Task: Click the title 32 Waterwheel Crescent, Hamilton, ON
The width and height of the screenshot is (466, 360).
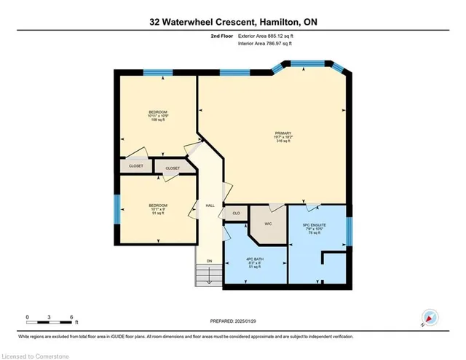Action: pyautogui.click(x=233, y=22)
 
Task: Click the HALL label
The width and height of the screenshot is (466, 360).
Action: pyautogui.click(x=209, y=206)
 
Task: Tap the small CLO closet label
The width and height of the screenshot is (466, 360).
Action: pyautogui.click(x=236, y=213)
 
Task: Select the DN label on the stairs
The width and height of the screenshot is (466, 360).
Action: pyautogui.click(x=208, y=262)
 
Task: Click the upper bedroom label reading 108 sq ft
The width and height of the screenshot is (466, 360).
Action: pyautogui.click(x=158, y=115)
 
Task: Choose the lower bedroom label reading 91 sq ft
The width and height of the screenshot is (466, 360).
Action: pyautogui.click(x=158, y=209)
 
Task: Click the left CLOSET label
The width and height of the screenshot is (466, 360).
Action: pyautogui.click(x=136, y=166)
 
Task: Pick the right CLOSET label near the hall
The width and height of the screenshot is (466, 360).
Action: pyautogui.click(x=173, y=168)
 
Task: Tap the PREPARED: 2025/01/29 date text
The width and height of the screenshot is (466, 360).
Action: pyautogui.click(x=232, y=320)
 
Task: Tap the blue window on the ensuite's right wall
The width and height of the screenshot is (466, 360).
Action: pyautogui.click(x=348, y=232)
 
